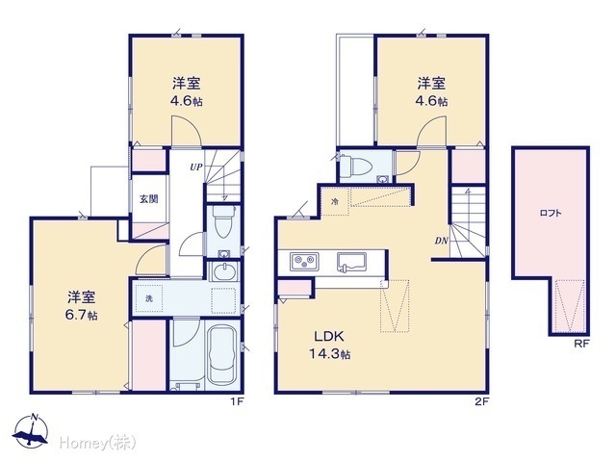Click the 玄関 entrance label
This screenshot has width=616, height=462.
tap(149, 199)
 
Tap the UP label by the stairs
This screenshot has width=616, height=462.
tap(196, 167)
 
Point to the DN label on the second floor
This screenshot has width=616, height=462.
tap(442, 241)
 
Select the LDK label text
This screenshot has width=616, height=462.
tap(329, 336)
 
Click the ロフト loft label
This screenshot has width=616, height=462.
tap(551, 214)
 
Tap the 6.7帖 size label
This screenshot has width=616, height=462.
tap(81, 316)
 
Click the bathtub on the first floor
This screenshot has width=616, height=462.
tap(222, 355)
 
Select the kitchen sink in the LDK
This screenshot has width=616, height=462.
tap(351, 262)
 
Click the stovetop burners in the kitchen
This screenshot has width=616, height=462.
tap(304, 261)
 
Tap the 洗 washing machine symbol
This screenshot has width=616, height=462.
tap(149, 298)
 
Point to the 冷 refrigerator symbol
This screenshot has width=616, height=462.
tap(335, 202)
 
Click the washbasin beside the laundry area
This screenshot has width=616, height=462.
tap(223, 271)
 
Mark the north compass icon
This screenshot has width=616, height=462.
tap(31, 431)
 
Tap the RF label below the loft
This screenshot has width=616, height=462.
tap(581, 345)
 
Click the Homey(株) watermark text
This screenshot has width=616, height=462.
tap(98, 444)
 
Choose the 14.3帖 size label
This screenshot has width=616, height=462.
tap(329, 354)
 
